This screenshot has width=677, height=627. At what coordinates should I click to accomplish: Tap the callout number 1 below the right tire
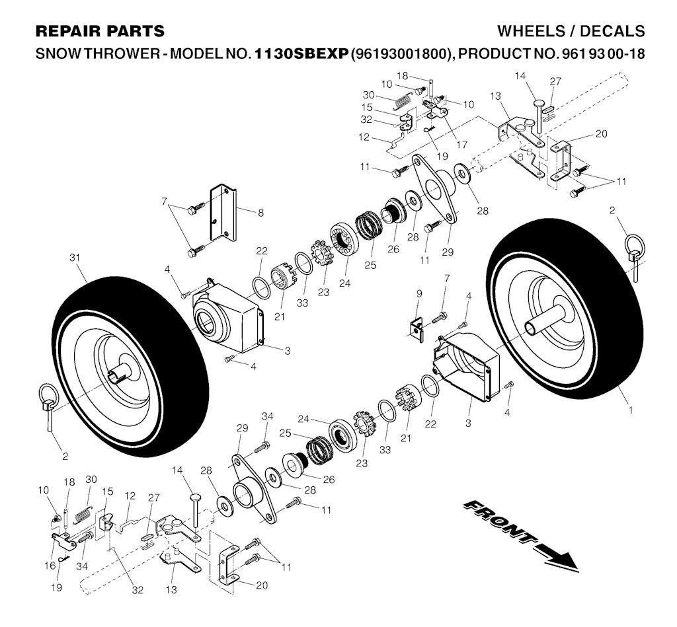[x=630, y=410]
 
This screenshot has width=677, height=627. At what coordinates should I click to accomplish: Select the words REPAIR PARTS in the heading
[x=100, y=31]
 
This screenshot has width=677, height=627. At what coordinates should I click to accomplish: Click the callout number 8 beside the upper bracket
[x=260, y=213]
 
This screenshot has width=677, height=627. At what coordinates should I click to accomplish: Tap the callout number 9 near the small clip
[x=418, y=293]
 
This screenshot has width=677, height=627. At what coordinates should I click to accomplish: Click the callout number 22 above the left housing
[x=262, y=250]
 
